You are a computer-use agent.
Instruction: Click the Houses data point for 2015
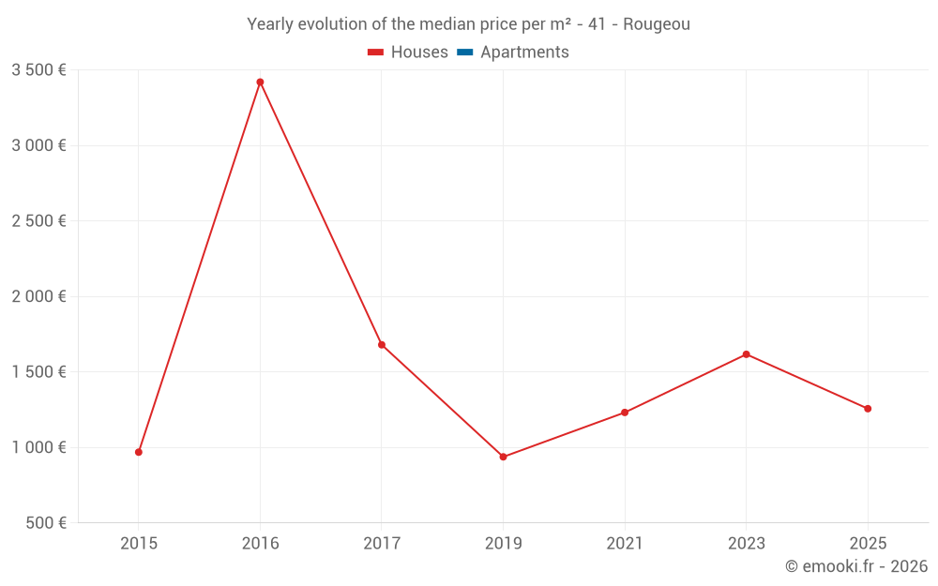(x=139, y=452)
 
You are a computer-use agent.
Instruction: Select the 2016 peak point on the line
(x=260, y=83)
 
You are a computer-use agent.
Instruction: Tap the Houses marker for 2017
(x=382, y=345)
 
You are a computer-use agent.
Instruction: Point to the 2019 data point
(x=504, y=457)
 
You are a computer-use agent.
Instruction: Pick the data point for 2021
(x=625, y=413)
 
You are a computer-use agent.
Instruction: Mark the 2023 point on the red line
(x=746, y=354)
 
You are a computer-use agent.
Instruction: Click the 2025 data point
(x=868, y=409)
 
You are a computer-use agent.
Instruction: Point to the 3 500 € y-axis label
(x=38, y=69)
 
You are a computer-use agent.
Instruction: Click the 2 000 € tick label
(x=38, y=296)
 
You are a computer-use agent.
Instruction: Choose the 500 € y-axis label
(x=45, y=522)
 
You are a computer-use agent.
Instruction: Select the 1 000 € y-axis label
(x=38, y=447)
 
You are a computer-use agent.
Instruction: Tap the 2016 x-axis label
(x=260, y=543)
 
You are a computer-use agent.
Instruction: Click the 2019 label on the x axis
(x=504, y=543)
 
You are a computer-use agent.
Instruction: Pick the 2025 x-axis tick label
(x=868, y=543)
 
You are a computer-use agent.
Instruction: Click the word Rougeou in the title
(x=657, y=24)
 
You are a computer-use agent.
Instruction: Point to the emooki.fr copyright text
(x=856, y=566)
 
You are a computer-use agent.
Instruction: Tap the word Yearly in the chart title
(x=270, y=24)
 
